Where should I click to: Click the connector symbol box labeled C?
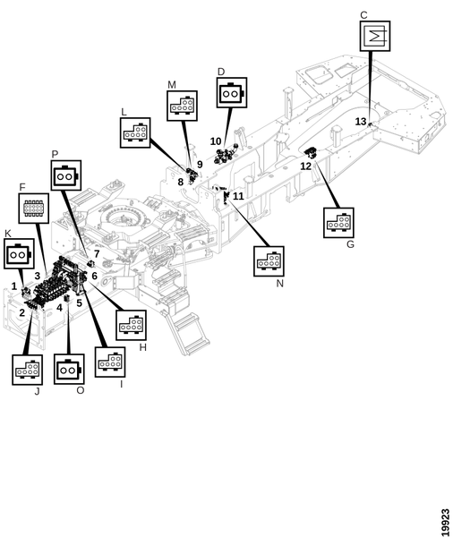coord(375,37)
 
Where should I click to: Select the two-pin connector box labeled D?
coord(232,92)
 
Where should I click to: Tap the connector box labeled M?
coord(182,106)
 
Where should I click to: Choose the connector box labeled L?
coord(135,132)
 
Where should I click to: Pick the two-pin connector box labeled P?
coord(65,175)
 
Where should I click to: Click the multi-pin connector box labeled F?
coord(33,209)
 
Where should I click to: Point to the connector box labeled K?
coord(19,253)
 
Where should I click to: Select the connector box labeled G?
coord(338,223)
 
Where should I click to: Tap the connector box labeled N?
coord(269,261)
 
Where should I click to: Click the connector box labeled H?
coord(131,326)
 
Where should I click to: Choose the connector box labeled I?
coord(109,362)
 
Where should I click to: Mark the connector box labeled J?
coord(27,370)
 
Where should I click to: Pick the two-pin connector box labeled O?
coord(69,369)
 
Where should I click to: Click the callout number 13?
coord(361,122)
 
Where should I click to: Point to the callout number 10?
coord(216,141)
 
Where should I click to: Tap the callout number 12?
coord(305,166)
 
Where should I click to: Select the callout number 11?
coord(238,196)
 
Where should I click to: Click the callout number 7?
coord(97,254)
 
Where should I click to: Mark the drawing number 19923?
coord(445,523)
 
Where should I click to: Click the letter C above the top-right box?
coord(363,15)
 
